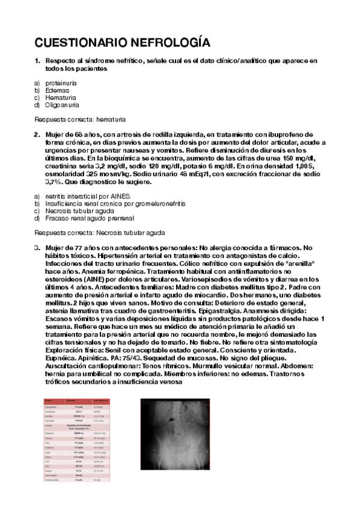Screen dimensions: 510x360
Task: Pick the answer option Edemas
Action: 58,90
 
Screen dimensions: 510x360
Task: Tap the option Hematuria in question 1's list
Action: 61,97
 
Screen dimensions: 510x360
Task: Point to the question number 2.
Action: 37,134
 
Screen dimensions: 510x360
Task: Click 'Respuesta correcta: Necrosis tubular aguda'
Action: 100,233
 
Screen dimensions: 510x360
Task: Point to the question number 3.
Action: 37,248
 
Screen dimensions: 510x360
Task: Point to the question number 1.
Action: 37,61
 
